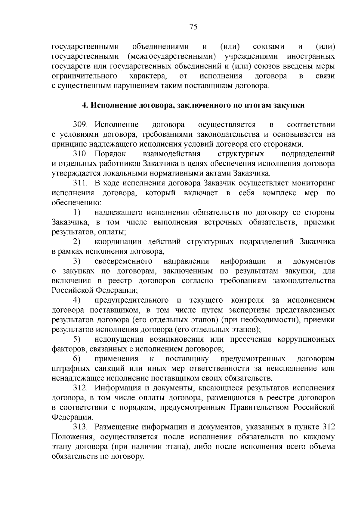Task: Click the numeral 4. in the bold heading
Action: click(85, 105)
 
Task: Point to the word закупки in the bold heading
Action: click(291, 105)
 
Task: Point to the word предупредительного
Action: click(131, 300)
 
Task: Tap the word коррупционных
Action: click(306, 339)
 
